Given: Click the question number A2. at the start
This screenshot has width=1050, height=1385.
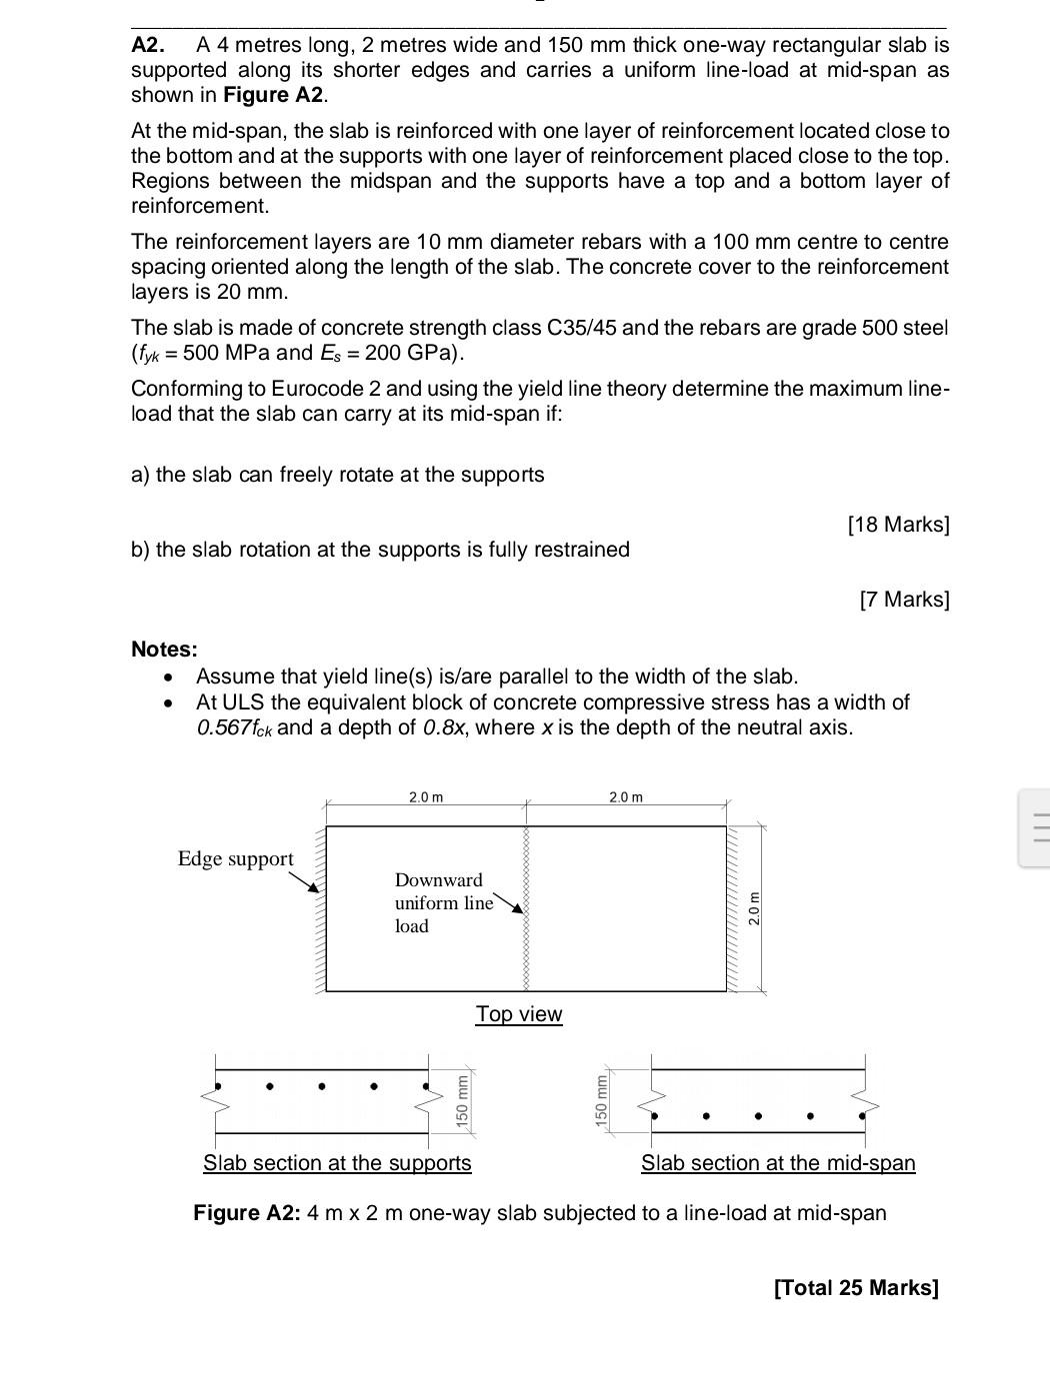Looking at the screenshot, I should click(147, 45).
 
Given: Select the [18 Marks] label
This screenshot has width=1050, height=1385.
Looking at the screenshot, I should click(898, 525).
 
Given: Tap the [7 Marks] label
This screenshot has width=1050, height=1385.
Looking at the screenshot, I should click(904, 600).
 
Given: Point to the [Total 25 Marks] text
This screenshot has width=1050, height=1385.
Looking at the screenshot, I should click(856, 1287).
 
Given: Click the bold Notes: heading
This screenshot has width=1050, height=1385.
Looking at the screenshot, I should click(164, 650).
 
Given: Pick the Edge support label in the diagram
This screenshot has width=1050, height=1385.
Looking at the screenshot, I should click(235, 859).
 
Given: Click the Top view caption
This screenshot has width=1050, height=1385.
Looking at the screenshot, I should click(519, 1014).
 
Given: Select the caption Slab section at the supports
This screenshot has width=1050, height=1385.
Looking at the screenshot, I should click(337, 1163).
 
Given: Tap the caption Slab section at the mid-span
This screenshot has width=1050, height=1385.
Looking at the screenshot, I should click(778, 1163).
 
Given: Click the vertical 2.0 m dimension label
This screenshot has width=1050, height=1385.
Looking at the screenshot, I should click(755, 908).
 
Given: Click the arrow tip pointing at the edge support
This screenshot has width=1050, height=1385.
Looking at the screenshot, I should click(317, 891).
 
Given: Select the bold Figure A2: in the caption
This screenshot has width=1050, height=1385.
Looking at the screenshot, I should click(246, 1213).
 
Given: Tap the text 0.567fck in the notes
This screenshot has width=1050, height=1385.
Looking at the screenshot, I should click(234, 727).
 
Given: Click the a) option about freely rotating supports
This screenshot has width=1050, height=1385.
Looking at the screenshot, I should click(337, 475).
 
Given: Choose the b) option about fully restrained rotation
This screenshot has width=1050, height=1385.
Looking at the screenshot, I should click(380, 550).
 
